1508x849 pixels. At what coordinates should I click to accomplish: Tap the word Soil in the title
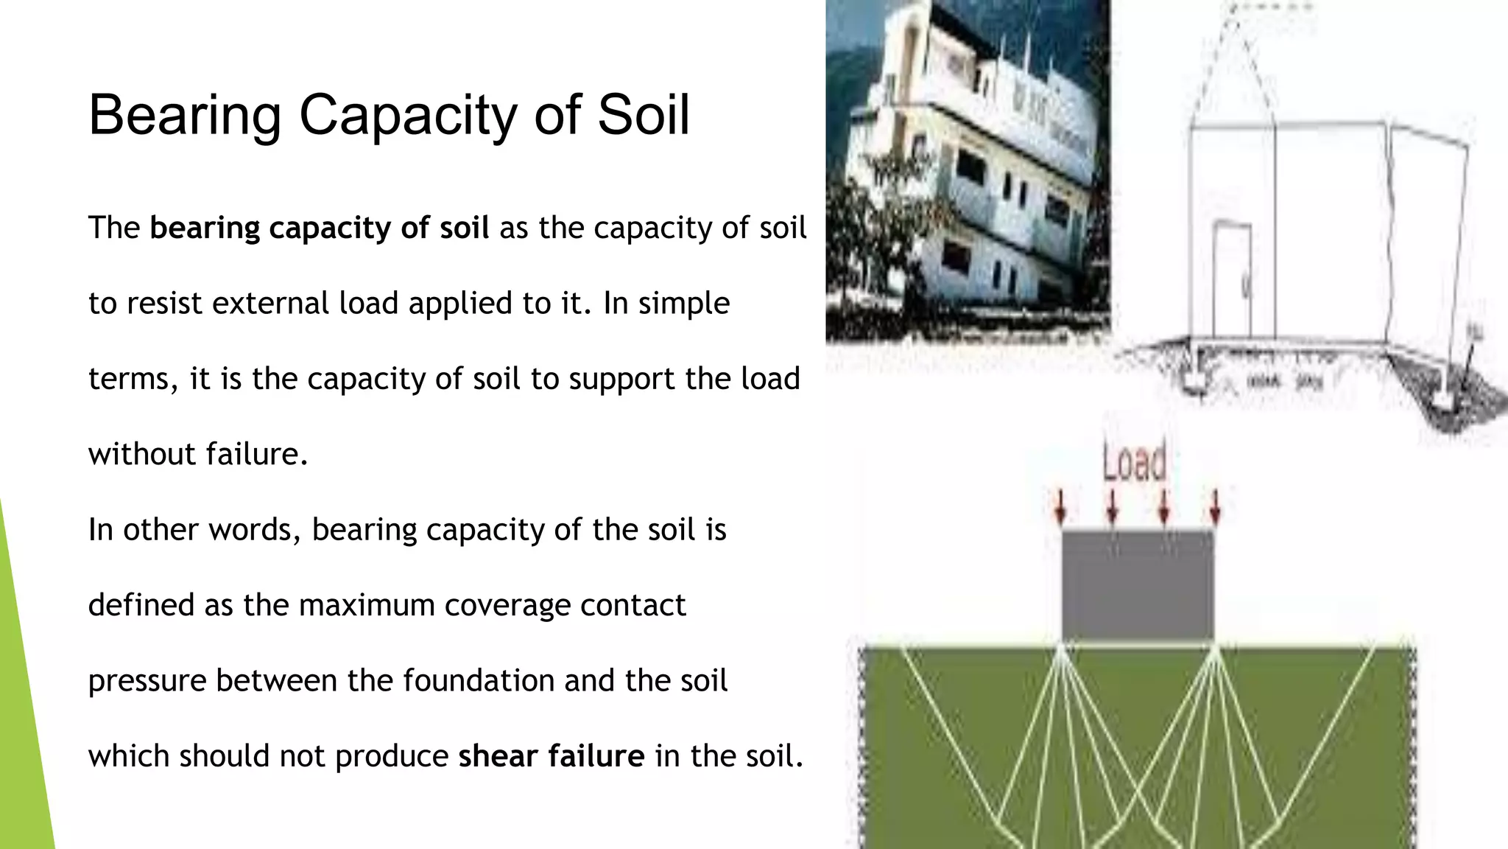click(x=643, y=115)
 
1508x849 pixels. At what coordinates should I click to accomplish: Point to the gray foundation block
click(x=1137, y=585)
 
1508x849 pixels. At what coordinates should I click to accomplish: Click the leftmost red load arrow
click(x=1060, y=508)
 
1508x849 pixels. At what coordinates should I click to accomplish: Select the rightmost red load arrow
click(x=1215, y=508)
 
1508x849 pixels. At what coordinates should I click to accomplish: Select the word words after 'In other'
click(x=250, y=530)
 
